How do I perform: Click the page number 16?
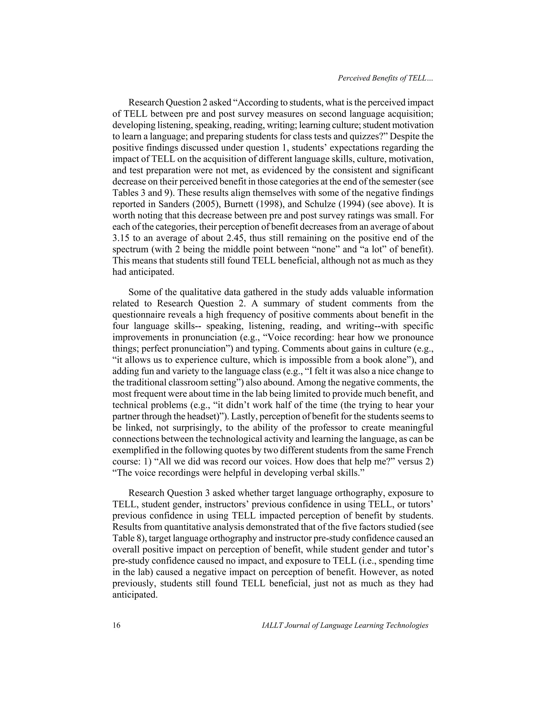[116, 625]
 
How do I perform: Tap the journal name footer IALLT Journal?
[345, 625]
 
